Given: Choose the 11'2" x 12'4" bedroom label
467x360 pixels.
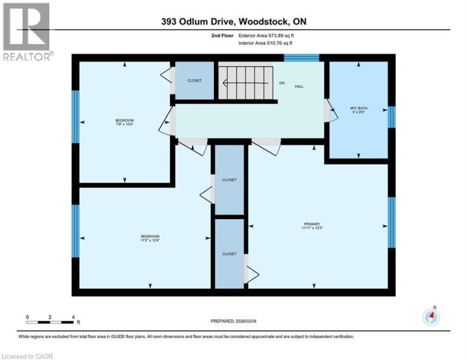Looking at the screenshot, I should (150, 238).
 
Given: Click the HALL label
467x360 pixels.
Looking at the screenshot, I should (299, 86).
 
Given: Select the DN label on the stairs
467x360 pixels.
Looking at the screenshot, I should (282, 84).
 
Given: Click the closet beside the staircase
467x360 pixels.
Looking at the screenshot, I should (195, 81).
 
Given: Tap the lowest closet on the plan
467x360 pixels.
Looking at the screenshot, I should (229, 254).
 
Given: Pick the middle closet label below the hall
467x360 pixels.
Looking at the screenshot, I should (229, 180).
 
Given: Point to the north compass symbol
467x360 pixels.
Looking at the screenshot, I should (431, 317).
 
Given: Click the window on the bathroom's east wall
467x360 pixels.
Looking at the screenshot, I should (391, 117).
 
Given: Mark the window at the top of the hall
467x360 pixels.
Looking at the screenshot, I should (302, 58).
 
